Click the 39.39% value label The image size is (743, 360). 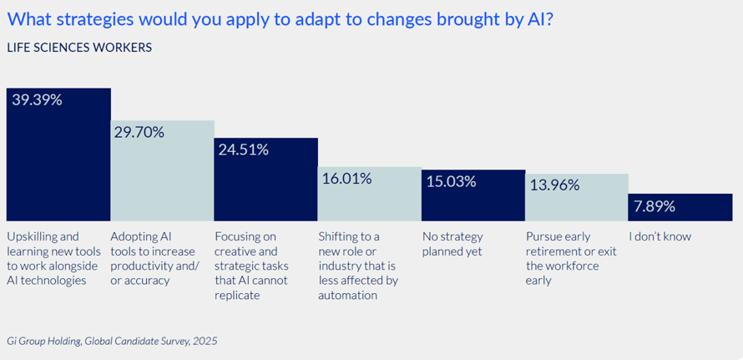coord(36,100)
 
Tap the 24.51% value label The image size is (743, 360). coord(243,150)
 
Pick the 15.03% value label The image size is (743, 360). coord(451,181)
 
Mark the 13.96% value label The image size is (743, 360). coord(553,185)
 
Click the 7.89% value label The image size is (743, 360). coord(656,205)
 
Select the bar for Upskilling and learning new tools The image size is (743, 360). coord(58,167)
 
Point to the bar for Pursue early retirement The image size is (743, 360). coord(576,205)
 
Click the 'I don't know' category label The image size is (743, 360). coord(660,236)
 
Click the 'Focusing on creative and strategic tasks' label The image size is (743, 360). coord(250,265)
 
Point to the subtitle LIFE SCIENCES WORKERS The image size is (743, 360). coord(79,48)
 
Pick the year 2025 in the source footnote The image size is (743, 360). coord(204,341)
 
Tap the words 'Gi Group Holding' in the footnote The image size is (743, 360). coord(44,341)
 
